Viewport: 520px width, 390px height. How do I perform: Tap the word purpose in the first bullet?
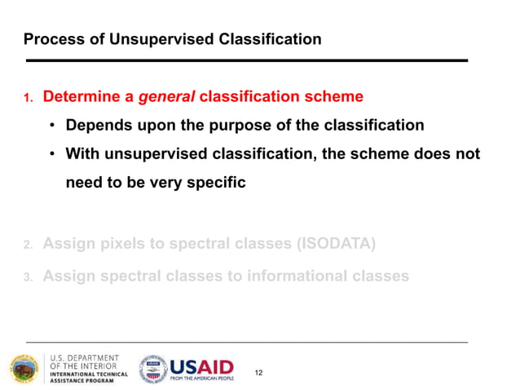point(277,126)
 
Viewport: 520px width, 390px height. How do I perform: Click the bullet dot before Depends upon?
point(51,126)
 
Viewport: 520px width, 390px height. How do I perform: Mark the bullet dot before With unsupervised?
point(51,154)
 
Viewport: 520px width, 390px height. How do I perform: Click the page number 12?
point(259,373)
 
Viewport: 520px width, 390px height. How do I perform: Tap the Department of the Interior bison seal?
point(24,368)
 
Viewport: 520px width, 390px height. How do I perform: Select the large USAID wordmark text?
point(201,366)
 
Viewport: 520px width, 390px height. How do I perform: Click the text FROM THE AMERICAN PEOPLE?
point(201,379)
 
